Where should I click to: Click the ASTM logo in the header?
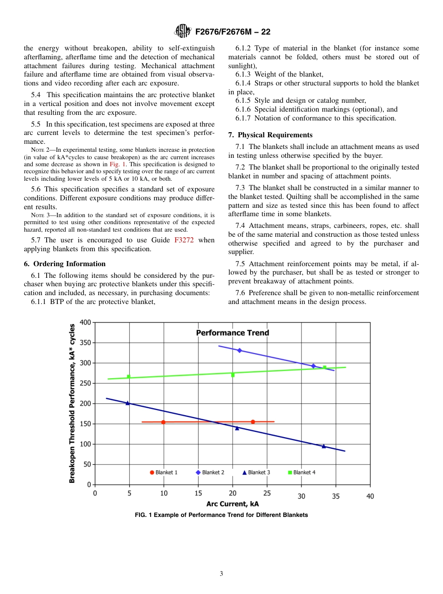182,31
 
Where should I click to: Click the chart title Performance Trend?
232,332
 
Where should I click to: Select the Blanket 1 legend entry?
164,473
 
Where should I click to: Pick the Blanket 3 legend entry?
256,473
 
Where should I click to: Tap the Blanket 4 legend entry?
302,473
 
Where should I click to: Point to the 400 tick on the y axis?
85,322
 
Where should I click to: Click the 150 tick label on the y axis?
85,424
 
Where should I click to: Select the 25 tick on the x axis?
267,493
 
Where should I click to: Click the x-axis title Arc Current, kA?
232,504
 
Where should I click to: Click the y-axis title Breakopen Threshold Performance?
72,403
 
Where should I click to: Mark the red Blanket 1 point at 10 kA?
163,422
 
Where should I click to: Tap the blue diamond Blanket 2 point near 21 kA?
240,350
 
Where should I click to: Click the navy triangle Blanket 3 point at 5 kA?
128,403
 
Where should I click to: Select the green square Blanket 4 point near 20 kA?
233,375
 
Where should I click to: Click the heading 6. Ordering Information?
65,264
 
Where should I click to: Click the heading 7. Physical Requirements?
270,135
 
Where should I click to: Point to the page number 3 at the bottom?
221,574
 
